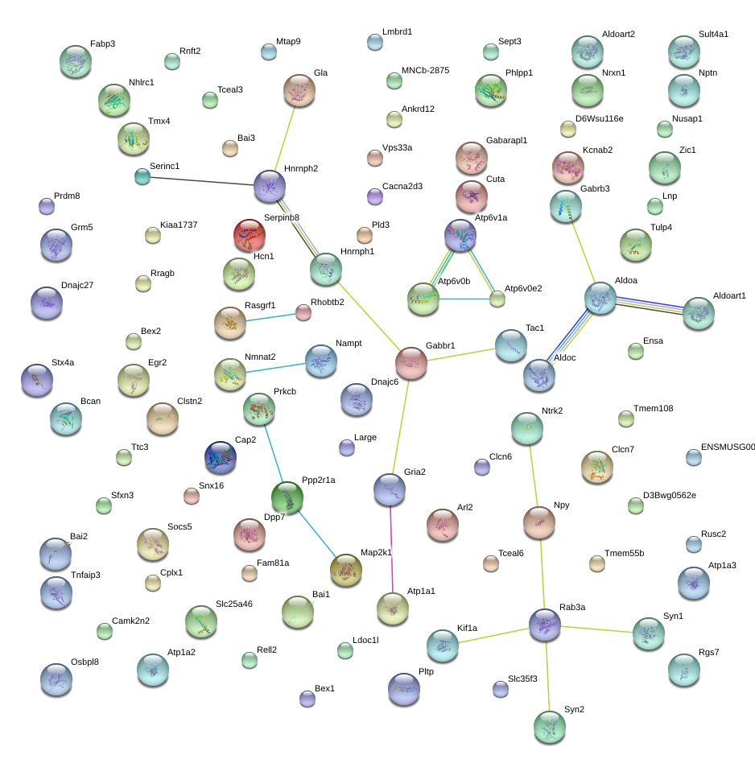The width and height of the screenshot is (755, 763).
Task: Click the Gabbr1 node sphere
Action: [x=411, y=362]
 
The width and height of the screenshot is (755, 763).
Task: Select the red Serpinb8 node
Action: [x=249, y=235]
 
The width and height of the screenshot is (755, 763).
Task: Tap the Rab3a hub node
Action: [x=545, y=624]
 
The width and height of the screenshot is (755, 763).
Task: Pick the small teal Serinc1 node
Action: [x=142, y=176]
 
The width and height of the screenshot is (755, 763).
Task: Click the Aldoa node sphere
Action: [x=600, y=298]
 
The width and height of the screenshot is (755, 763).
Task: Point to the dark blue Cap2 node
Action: [x=220, y=456]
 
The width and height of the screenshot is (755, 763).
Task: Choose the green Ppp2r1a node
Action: [x=287, y=497]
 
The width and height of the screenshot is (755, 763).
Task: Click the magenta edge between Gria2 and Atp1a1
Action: [x=391, y=547]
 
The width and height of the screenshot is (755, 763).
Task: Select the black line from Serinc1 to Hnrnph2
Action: [x=201, y=181]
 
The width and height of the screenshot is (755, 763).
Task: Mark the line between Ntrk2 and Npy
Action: [x=533, y=475]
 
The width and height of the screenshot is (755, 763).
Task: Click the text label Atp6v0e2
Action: [x=522, y=288]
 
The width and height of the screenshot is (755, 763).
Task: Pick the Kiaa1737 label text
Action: [x=179, y=225]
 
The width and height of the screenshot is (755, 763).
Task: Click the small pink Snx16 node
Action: [x=192, y=496]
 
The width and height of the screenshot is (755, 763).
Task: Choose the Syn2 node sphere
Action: [x=550, y=726]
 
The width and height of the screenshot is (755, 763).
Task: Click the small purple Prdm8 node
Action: [x=47, y=206]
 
